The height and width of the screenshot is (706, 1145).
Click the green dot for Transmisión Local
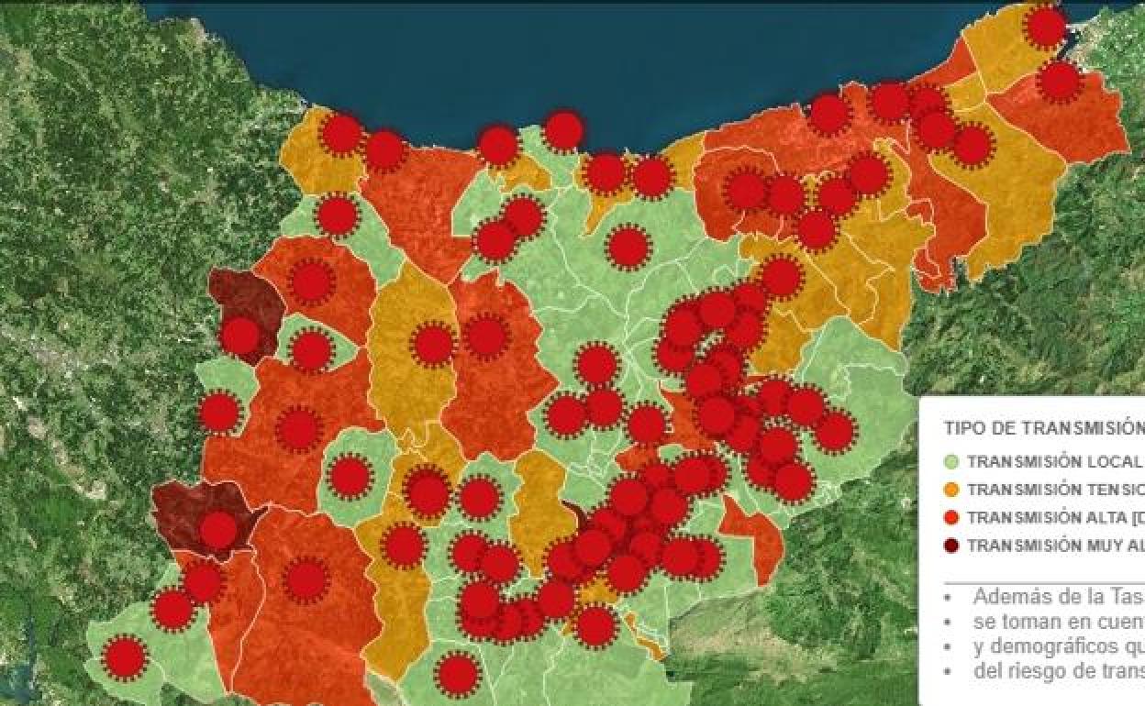[x=950, y=461]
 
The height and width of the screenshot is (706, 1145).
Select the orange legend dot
[x=950, y=490]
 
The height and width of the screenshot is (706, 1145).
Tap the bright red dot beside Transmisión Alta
[x=950, y=517]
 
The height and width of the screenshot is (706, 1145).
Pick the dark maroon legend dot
[x=950, y=546]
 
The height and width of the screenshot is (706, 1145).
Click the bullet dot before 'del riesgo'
[x=946, y=671]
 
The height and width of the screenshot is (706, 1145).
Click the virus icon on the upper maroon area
[x=240, y=336]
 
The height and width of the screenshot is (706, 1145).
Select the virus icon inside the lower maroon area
[x=218, y=529]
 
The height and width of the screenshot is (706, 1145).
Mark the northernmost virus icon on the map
[x=1045, y=27]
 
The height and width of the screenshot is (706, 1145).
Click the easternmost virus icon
[x=1060, y=82]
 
